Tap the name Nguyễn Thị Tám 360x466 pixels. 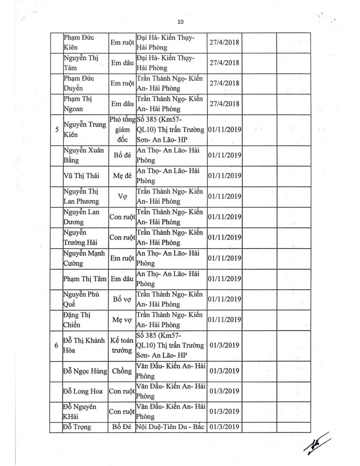tap(80, 63)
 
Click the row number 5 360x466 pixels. tap(57, 130)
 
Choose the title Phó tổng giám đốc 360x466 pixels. tap(122, 130)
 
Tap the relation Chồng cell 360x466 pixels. tap(122, 371)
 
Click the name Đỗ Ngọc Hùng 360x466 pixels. tap(85, 371)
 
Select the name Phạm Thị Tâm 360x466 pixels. tap(84, 278)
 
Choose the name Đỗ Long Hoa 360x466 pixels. tap(82, 391)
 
